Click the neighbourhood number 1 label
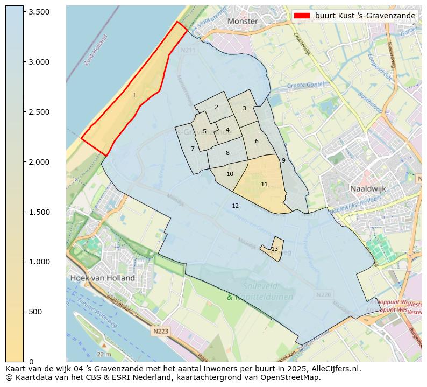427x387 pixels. click(134, 95)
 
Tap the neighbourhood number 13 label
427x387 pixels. click(274, 249)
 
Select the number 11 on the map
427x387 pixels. click(264, 184)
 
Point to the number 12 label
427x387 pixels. click(235, 206)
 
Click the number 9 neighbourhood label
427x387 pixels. click(283, 160)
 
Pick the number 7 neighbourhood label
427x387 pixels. click(193, 149)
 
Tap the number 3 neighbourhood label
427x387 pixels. click(244, 108)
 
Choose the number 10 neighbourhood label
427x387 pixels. click(230, 174)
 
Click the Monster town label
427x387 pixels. click(243, 21)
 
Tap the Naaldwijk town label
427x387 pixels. click(368, 189)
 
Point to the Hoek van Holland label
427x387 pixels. click(102, 278)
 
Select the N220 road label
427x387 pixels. click(324, 295)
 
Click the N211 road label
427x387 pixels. click(188, 50)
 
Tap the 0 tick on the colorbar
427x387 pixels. click(31, 362)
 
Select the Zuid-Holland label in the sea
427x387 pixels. click(96, 50)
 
